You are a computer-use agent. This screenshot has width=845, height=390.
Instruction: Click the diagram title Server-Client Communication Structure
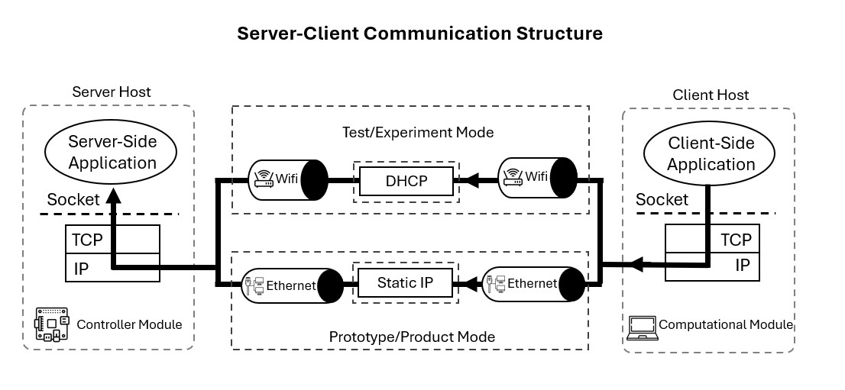pos(419,34)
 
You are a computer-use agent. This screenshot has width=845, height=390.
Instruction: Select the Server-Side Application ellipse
pos(112,152)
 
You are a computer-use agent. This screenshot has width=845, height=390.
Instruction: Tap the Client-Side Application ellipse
pos(711,153)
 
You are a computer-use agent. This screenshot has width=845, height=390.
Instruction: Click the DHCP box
pos(406,181)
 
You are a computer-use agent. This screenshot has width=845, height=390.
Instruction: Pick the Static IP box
pos(405,282)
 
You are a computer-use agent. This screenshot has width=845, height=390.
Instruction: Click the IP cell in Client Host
pos(742,266)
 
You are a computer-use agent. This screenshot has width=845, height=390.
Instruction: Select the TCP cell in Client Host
pos(736,240)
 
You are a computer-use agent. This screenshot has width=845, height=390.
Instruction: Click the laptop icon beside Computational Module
pos(641,327)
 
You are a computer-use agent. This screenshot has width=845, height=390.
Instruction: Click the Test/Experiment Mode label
pos(417,132)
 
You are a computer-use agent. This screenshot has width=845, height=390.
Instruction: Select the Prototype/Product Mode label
pos(412,337)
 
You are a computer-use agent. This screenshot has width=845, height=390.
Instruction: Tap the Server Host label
pos(112,92)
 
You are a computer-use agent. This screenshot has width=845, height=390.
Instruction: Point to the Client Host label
pos(711,95)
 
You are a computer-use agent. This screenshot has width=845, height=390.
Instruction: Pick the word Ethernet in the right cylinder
pos(532,283)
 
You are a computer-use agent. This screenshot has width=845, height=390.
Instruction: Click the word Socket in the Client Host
pos(662,199)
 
